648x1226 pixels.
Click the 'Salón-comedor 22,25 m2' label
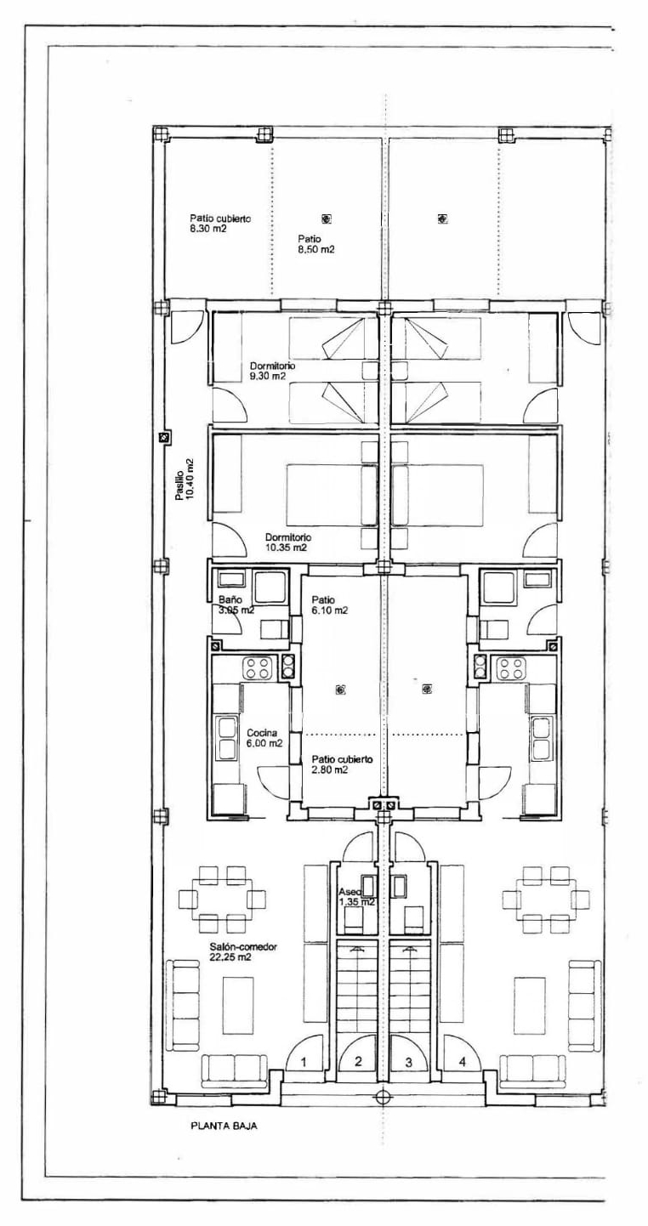(243, 951)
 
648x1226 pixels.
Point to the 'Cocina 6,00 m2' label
(264, 738)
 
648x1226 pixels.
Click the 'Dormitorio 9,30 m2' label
(273, 371)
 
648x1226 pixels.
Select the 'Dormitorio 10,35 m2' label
(288, 542)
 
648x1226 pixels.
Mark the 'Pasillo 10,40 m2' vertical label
(184, 480)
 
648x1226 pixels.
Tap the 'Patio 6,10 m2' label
(329, 604)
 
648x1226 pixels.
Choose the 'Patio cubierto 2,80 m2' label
(342, 764)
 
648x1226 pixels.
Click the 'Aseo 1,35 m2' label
(356, 896)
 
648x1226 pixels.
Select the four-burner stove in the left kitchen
(258, 668)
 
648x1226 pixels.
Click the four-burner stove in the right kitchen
(510, 668)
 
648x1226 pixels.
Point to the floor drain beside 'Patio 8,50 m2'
(326, 219)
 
